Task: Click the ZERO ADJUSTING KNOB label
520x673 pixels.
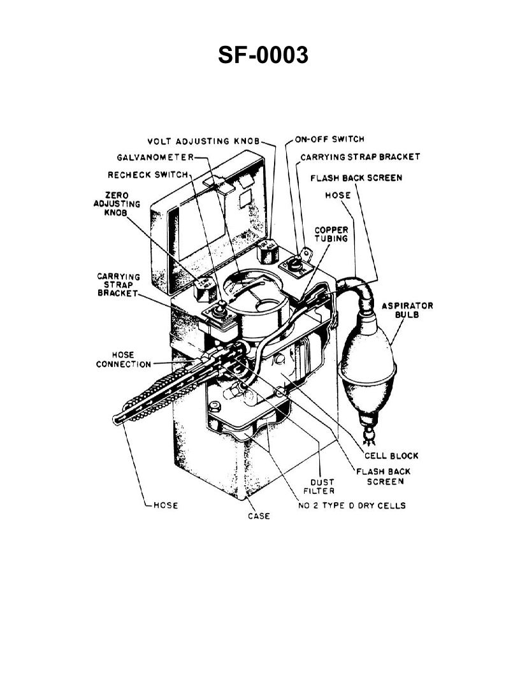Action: click(x=104, y=203)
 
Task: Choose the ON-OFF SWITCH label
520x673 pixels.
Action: click(x=329, y=139)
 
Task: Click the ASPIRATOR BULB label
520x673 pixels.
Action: click(x=407, y=310)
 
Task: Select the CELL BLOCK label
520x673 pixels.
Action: click(x=391, y=455)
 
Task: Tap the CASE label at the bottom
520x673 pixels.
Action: click(x=259, y=516)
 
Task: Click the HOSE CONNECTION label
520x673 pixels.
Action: click(x=123, y=359)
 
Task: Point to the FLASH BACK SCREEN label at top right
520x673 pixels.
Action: click(x=356, y=178)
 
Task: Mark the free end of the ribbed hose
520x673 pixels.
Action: click(x=117, y=419)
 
